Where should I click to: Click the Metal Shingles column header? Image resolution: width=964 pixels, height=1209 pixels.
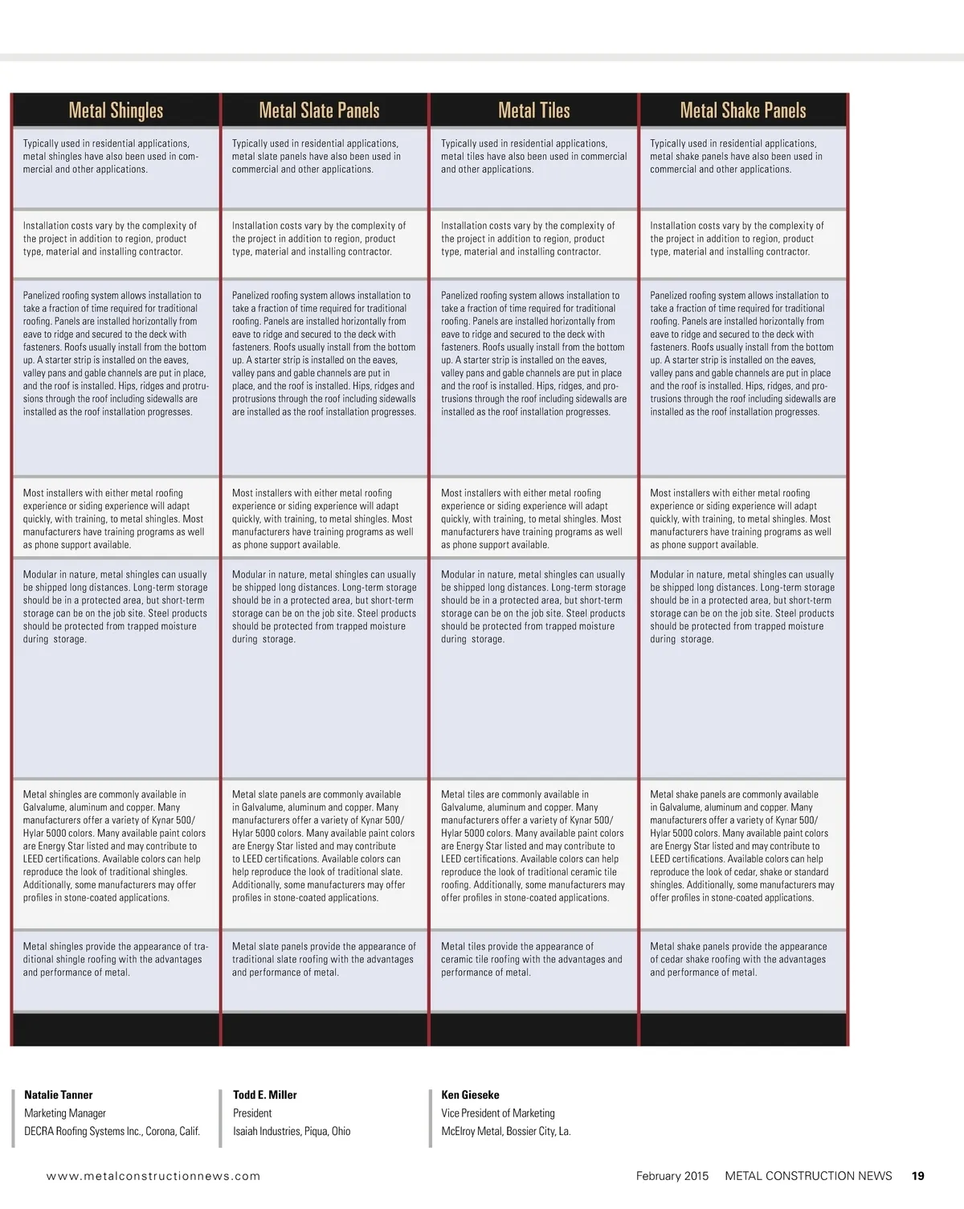click(x=116, y=110)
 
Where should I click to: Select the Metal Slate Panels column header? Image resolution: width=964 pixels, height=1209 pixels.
click(x=319, y=110)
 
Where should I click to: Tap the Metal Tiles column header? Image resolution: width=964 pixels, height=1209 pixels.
click(x=533, y=110)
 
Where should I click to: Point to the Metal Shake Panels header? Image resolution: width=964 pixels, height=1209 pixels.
click(x=743, y=110)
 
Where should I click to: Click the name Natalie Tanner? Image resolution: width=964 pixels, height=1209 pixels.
click(x=59, y=1095)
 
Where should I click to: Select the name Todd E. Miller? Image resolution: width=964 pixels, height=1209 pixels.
click(x=265, y=1095)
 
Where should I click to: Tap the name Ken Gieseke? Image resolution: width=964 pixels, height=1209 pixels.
click(x=470, y=1095)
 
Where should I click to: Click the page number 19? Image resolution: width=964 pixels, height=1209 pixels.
click(x=917, y=1176)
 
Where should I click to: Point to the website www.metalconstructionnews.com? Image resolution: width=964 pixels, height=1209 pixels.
click(x=153, y=1176)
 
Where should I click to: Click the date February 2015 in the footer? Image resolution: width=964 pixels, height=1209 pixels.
click(x=672, y=1176)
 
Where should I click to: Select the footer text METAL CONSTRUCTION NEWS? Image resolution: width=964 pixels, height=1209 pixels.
click(x=808, y=1176)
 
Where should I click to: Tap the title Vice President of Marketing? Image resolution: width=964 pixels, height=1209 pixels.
click(x=498, y=1113)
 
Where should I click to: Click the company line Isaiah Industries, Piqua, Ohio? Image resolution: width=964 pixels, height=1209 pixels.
click(x=292, y=1131)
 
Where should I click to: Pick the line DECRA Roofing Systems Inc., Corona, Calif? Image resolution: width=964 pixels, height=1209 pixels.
click(x=112, y=1131)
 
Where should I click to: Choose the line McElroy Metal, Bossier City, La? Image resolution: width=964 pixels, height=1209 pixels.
click(x=506, y=1131)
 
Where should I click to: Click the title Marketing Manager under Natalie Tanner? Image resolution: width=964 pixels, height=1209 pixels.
click(x=65, y=1113)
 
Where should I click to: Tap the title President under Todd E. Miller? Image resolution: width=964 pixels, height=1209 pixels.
click(x=252, y=1113)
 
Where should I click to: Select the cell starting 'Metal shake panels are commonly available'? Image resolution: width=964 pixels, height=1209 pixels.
click(x=742, y=846)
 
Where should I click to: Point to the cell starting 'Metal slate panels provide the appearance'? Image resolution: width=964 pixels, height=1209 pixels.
click(x=324, y=959)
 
